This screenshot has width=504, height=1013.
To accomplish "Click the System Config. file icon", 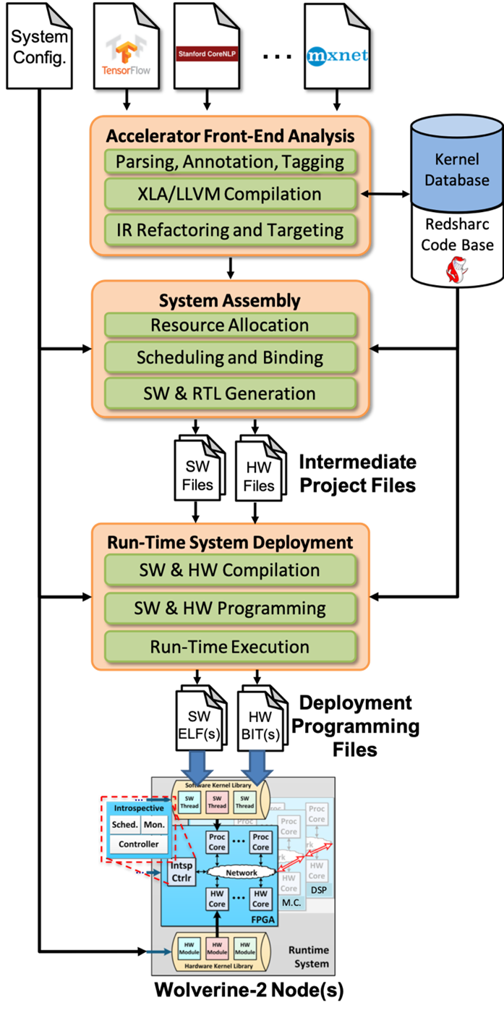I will click(x=40, y=46).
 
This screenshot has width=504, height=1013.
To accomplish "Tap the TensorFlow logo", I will click(x=127, y=54).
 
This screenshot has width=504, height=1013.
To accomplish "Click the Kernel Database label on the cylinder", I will click(x=456, y=169).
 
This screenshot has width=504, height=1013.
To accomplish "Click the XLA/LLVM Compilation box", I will click(x=230, y=194).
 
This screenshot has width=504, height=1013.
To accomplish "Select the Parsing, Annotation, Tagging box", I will click(x=230, y=161).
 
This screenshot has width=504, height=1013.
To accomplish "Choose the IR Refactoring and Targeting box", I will click(x=230, y=230).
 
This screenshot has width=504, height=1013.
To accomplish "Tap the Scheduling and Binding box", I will click(x=230, y=357).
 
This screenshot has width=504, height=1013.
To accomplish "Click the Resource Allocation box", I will click(x=230, y=325).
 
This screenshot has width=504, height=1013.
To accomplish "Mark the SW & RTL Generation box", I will click(x=230, y=394).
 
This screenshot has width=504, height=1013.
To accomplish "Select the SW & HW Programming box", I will click(x=230, y=609).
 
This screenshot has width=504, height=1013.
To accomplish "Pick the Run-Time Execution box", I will click(x=230, y=647).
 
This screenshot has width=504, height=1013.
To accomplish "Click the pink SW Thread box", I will click(x=217, y=801).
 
